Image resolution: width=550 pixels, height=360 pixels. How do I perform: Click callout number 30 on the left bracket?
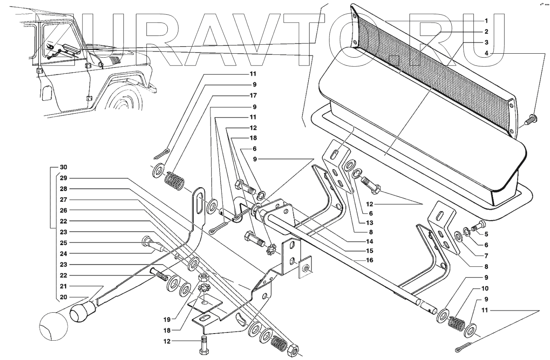pyautogui.click(x=63, y=167)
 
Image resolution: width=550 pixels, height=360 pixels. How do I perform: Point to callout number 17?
pyautogui.click(x=253, y=96)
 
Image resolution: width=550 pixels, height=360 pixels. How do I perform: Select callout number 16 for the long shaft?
pyautogui.click(x=370, y=261)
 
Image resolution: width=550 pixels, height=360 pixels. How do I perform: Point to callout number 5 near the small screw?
pyautogui.click(x=486, y=234)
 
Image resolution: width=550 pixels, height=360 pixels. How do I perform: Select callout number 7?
pyautogui.click(x=486, y=256)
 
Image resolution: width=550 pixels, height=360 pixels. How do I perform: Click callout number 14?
pyautogui.click(x=370, y=242)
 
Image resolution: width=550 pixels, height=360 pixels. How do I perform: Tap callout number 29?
pyautogui.click(x=63, y=178)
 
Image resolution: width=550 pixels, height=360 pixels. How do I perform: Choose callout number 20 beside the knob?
pyautogui.click(x=63, y=297)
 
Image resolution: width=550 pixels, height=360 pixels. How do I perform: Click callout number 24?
pyautogui.click(x=63, y=253)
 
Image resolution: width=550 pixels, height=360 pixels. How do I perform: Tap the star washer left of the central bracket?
pyautogui.click(x=271, y=249)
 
